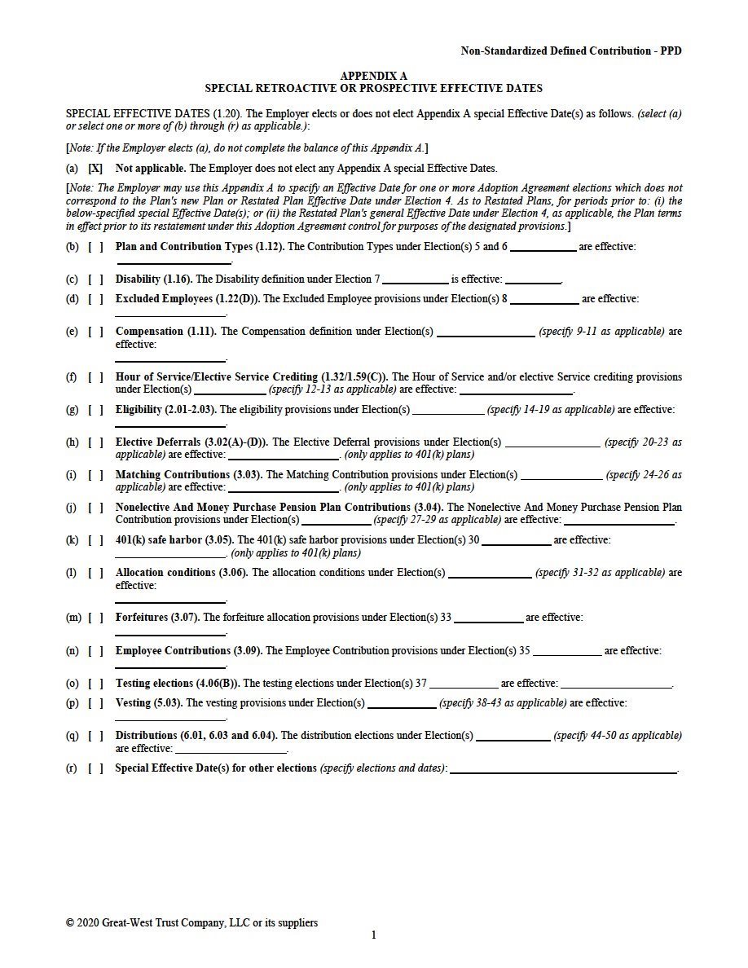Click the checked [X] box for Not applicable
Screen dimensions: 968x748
point(95,169)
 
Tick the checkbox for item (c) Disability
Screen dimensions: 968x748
point(95,279)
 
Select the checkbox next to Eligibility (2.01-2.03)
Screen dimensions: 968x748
point(95,410)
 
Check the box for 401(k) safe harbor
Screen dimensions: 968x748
point(95,540)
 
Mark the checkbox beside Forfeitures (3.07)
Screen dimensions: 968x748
point(95,618)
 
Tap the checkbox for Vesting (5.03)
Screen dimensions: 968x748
point(95,703)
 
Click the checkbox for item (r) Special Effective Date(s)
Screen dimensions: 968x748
point(95,768)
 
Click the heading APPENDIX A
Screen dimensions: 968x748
point(373,76)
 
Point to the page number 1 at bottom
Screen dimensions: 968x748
point(374,935)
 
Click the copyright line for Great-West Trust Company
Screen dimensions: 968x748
point(191,923)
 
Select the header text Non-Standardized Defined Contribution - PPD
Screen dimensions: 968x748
point(570,51)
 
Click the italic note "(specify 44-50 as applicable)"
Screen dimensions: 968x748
point(618,736)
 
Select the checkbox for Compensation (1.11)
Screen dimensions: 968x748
point(95,332)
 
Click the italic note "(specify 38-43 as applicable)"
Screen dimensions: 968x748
point(503,703)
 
